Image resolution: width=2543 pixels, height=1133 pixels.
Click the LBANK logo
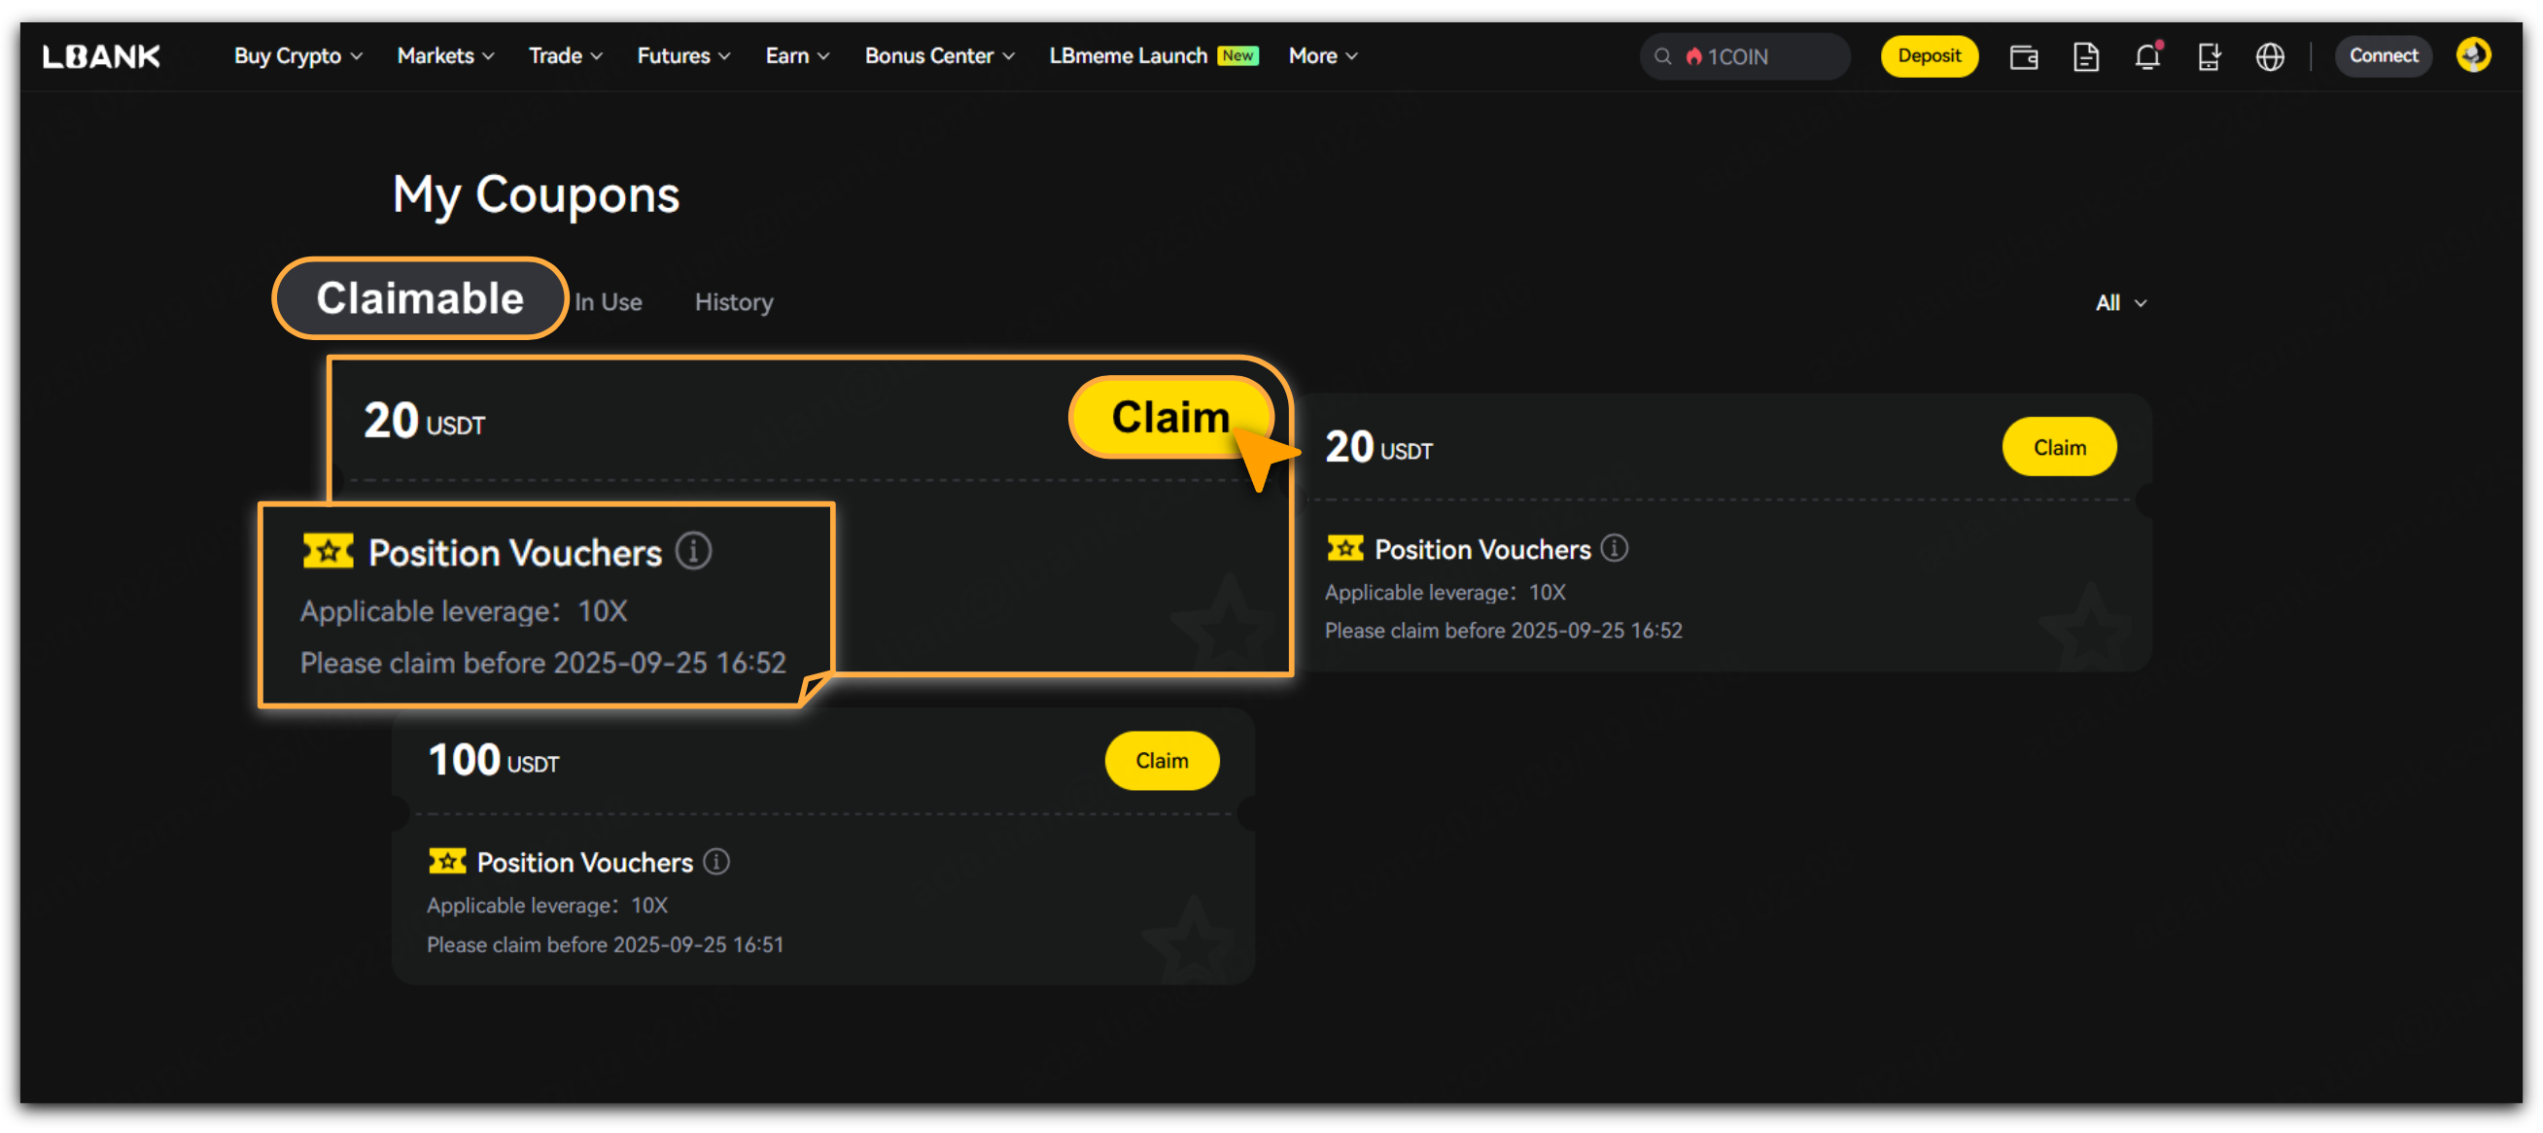(x=101, y=56)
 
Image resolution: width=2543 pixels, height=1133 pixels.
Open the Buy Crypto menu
(x=298, y=56)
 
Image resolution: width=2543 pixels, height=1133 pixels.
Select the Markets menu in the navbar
(x=445, y=56)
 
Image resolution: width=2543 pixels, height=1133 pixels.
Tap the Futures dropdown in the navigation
(x=683, y=56)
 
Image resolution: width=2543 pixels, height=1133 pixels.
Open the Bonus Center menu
(x=939, y=56)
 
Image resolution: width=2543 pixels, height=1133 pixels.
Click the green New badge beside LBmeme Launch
(x=1237, y=55)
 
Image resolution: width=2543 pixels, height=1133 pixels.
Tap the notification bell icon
(x=2147, y=55)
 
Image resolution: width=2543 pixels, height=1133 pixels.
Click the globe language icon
(x=2270, y=56)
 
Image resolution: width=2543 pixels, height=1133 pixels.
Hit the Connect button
(x=2382, y=56)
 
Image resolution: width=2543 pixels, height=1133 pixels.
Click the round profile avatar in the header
(x=2473, y=55)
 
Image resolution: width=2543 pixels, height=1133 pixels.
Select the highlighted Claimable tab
(x=420, y=298)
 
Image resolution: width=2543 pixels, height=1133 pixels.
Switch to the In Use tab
(x=609, y=302)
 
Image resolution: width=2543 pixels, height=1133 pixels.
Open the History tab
(x=734, y=302)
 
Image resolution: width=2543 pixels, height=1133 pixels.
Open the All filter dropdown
(x=2120, y=303)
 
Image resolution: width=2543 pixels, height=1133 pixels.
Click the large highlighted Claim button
(x=1169, y=418)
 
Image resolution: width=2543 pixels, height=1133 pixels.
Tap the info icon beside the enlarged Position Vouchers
(x=693, y=551)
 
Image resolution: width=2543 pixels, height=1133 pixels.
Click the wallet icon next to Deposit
(x=2024, y=57)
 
